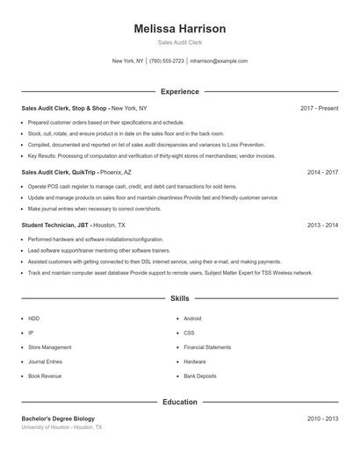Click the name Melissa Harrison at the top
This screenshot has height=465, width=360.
[x=179, y=29]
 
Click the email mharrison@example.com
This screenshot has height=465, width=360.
[x=219, y=61]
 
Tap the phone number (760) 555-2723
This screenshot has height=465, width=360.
[x=167, y=61]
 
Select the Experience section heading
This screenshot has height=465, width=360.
[x=180, y=91]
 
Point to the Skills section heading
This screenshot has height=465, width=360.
[x=180, y=299]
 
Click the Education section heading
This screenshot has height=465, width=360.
[x=180, y=402]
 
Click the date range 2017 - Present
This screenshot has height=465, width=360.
[x=319, y=108]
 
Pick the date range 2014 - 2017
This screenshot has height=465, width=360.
[x=322, y=173]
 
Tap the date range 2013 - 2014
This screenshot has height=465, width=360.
[x=322, y=225]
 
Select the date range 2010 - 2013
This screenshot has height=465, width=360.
[x=322, y=418]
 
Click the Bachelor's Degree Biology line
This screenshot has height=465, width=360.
[x=58, y=418]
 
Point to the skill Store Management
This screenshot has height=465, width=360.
[x=50, y=347]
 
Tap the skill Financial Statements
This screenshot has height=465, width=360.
[x=207, y=347]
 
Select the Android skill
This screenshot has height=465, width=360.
[x=193, y=318]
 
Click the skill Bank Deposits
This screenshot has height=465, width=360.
[x=200, y=376]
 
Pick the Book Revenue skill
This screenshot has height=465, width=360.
[x=45, y=376]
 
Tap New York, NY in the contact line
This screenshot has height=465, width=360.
[x=127, y=61]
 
